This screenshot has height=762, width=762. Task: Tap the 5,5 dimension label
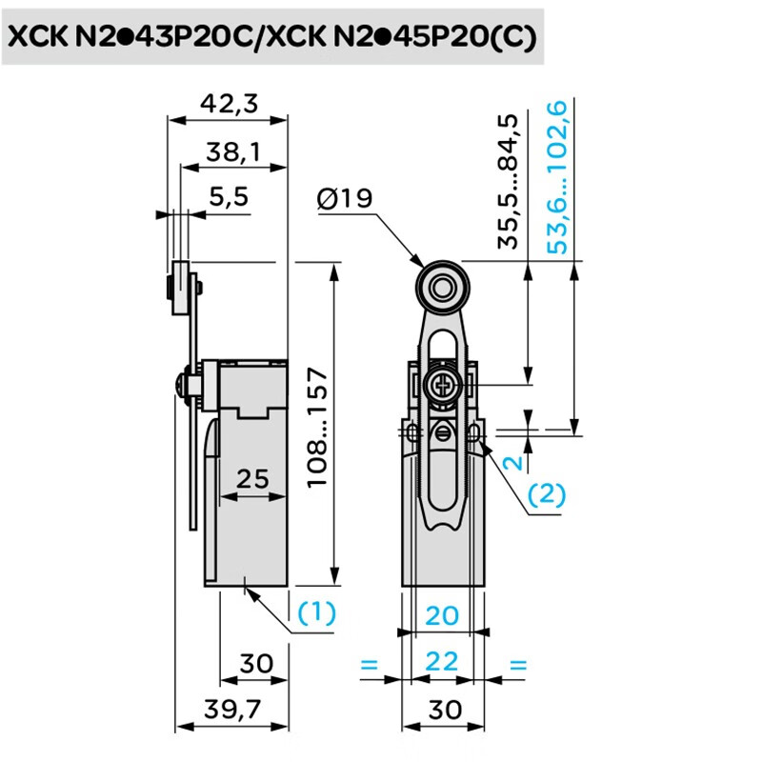click(229, 197)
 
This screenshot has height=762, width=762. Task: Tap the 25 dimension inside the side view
click(252, 478)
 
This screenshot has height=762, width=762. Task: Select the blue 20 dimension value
click(442, 615)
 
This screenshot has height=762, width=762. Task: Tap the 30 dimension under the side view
click(256, 662)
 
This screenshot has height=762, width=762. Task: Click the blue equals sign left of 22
click(370, 664)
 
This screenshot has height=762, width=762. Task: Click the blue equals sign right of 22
click(517, 664)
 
